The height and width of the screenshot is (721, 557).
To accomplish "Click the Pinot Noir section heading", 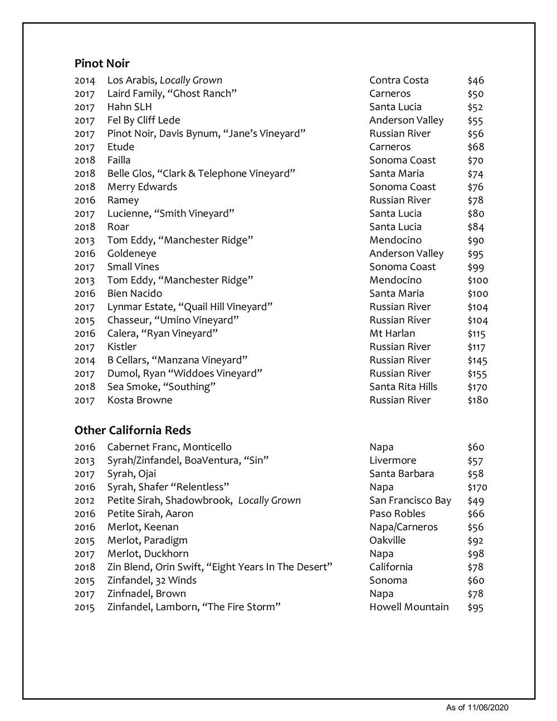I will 102,64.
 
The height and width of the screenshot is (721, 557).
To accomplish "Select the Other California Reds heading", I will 133,430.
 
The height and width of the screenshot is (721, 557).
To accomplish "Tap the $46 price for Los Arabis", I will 476,81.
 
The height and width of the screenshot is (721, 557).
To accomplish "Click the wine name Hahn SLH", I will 129,107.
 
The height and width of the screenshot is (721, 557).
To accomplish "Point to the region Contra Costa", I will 399,80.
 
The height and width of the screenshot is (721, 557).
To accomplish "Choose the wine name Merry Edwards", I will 142,187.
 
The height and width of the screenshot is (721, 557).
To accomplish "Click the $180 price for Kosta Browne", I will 477,400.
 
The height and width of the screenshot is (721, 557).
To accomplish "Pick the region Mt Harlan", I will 392,334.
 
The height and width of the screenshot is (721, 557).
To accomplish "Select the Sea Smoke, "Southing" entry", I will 162,387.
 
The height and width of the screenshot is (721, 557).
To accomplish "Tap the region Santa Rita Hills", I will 403,387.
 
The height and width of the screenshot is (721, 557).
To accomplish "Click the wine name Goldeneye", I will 132,254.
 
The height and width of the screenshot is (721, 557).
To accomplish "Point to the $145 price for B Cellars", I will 477,360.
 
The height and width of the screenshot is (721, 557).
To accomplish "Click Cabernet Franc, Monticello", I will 169,447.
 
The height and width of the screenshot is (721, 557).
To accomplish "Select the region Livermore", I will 393,460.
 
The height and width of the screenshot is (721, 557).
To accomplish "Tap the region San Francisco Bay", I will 410,500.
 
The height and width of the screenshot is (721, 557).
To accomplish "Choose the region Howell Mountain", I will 409,607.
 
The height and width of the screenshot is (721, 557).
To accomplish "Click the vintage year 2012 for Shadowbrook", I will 85,501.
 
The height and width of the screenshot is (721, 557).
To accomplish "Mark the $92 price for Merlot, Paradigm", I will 476,540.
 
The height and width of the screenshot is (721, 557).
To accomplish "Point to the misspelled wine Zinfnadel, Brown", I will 146,594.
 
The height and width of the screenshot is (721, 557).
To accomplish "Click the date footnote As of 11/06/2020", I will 477,708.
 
